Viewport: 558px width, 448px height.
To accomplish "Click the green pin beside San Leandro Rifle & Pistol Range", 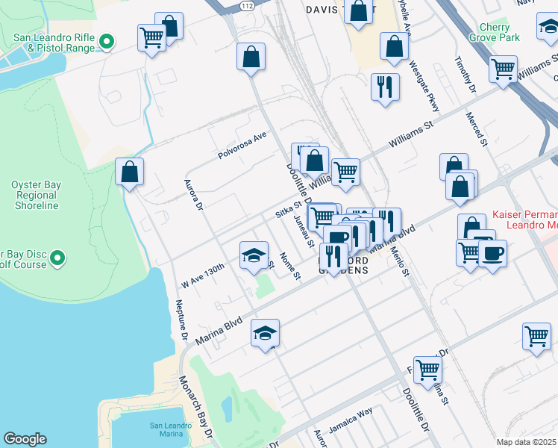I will (x=107, y=42).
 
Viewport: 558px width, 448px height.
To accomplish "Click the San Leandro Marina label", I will (x=176, y=429).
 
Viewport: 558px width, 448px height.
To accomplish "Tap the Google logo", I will (x=25, y=440).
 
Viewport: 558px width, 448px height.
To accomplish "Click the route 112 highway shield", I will (x=246, y=5).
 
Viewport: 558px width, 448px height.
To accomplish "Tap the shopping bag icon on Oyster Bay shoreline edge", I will (x=130, y=171).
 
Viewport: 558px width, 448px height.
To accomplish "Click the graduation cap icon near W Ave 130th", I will (x=254, y=255).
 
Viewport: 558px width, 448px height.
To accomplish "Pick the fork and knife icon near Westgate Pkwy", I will (x=385, y=86).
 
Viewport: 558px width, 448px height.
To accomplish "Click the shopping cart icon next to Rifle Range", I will (x=151, y=37).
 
